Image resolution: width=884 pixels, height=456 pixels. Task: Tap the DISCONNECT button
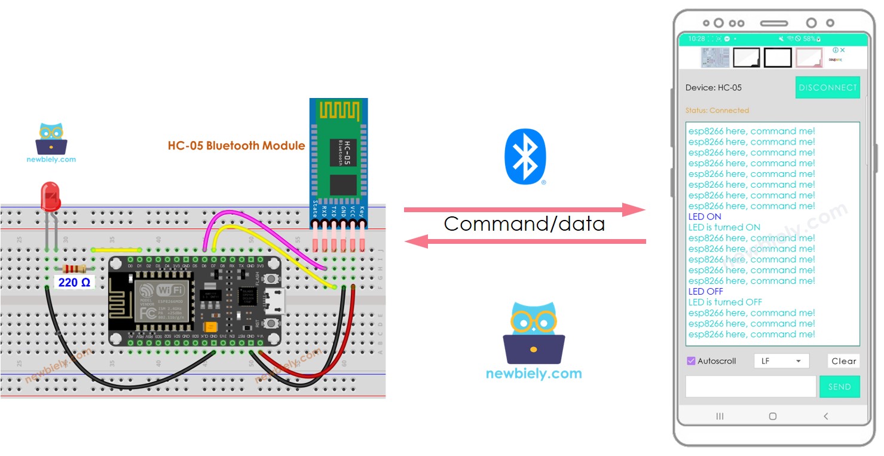[x=827, y=87]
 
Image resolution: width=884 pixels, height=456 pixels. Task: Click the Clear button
[x=843, y=361]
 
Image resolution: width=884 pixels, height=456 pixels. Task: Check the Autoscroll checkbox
[x=691, y=361]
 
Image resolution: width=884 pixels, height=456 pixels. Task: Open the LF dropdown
[x=781, y=361]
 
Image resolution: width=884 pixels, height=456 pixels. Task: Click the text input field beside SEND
[x=750, y=387]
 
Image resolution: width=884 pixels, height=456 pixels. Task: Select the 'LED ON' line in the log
[x=705, y=216]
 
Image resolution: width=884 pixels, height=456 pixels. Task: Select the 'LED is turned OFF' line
[x=725, y=302]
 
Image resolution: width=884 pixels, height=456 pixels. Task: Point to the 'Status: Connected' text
[x=717, y=111]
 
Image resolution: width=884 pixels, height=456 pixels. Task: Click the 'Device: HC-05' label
[x=713, y=88]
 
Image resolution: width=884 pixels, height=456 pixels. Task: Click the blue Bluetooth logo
[x=525, y=157]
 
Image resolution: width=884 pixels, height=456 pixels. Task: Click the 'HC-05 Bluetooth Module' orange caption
[x=236, y=146]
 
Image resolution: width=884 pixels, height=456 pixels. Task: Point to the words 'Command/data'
[x=524, y=224]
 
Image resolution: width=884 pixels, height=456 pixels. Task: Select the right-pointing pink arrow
[x=524, y=209]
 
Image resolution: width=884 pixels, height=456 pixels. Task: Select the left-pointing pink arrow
[x=524, y=241]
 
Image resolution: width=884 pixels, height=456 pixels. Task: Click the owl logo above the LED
[x=51, y=139]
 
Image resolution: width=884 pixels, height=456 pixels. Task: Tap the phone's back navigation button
[x=826, y=416]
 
